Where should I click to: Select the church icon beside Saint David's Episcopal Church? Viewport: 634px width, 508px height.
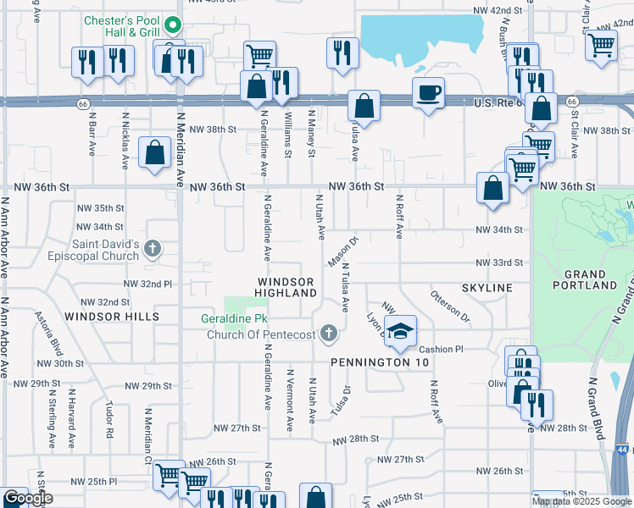tap(153, 249)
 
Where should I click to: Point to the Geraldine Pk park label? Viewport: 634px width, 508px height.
tap(231, 319)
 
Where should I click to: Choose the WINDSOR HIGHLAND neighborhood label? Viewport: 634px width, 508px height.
tap(286, 286)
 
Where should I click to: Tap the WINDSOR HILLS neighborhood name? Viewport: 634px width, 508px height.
tap(118, 317)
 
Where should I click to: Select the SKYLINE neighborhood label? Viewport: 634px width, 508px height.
tap(487, 288)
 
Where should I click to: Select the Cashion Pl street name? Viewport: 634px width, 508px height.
tap(441, 349)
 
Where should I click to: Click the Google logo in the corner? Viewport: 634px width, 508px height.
tap(28, 499)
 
